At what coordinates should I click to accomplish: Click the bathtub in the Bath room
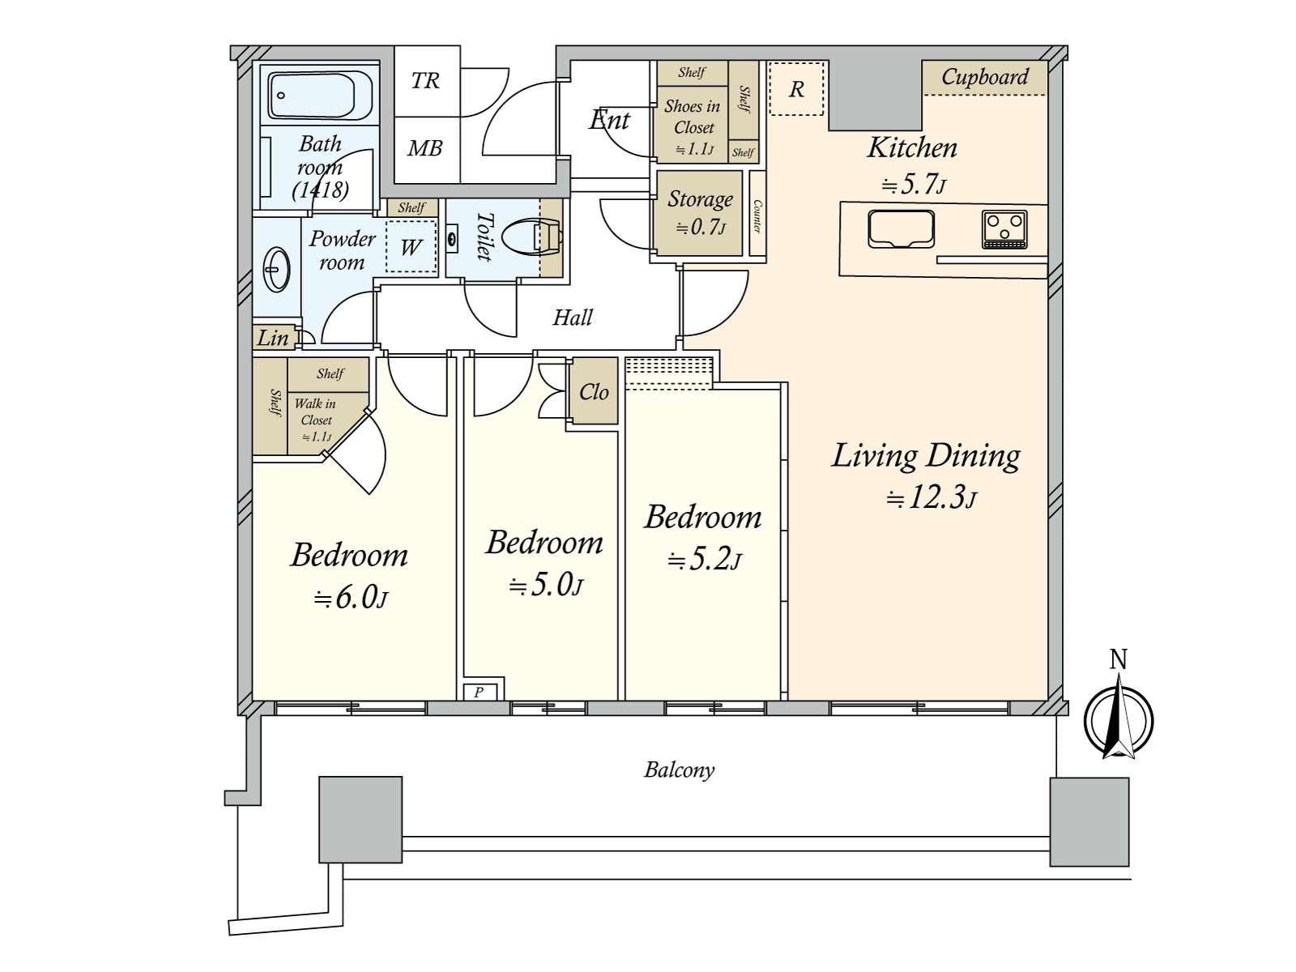tap(321, 96)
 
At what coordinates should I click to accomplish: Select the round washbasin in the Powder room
tap(276, 269)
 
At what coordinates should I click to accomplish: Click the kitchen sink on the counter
tap(901, 228)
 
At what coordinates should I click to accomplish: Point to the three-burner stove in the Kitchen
tap(1004, 229)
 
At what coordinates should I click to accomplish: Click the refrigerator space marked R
tap(796, 89)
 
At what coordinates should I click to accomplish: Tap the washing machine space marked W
tap(411, 246)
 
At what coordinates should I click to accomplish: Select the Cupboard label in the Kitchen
tap(984, 77)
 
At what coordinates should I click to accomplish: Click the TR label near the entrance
tap(425, 80)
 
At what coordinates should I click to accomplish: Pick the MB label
tap(424, 147)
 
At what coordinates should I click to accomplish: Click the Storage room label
tap(700, 199)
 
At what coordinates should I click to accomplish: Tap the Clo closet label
tap(594, 391)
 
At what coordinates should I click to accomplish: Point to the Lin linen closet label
tap(273, 338)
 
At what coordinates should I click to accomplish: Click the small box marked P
tap(479, 692)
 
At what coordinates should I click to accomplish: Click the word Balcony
tap(679, 769)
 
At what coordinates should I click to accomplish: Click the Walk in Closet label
tap(315, 412)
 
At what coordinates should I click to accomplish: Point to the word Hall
tap(572, 318)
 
